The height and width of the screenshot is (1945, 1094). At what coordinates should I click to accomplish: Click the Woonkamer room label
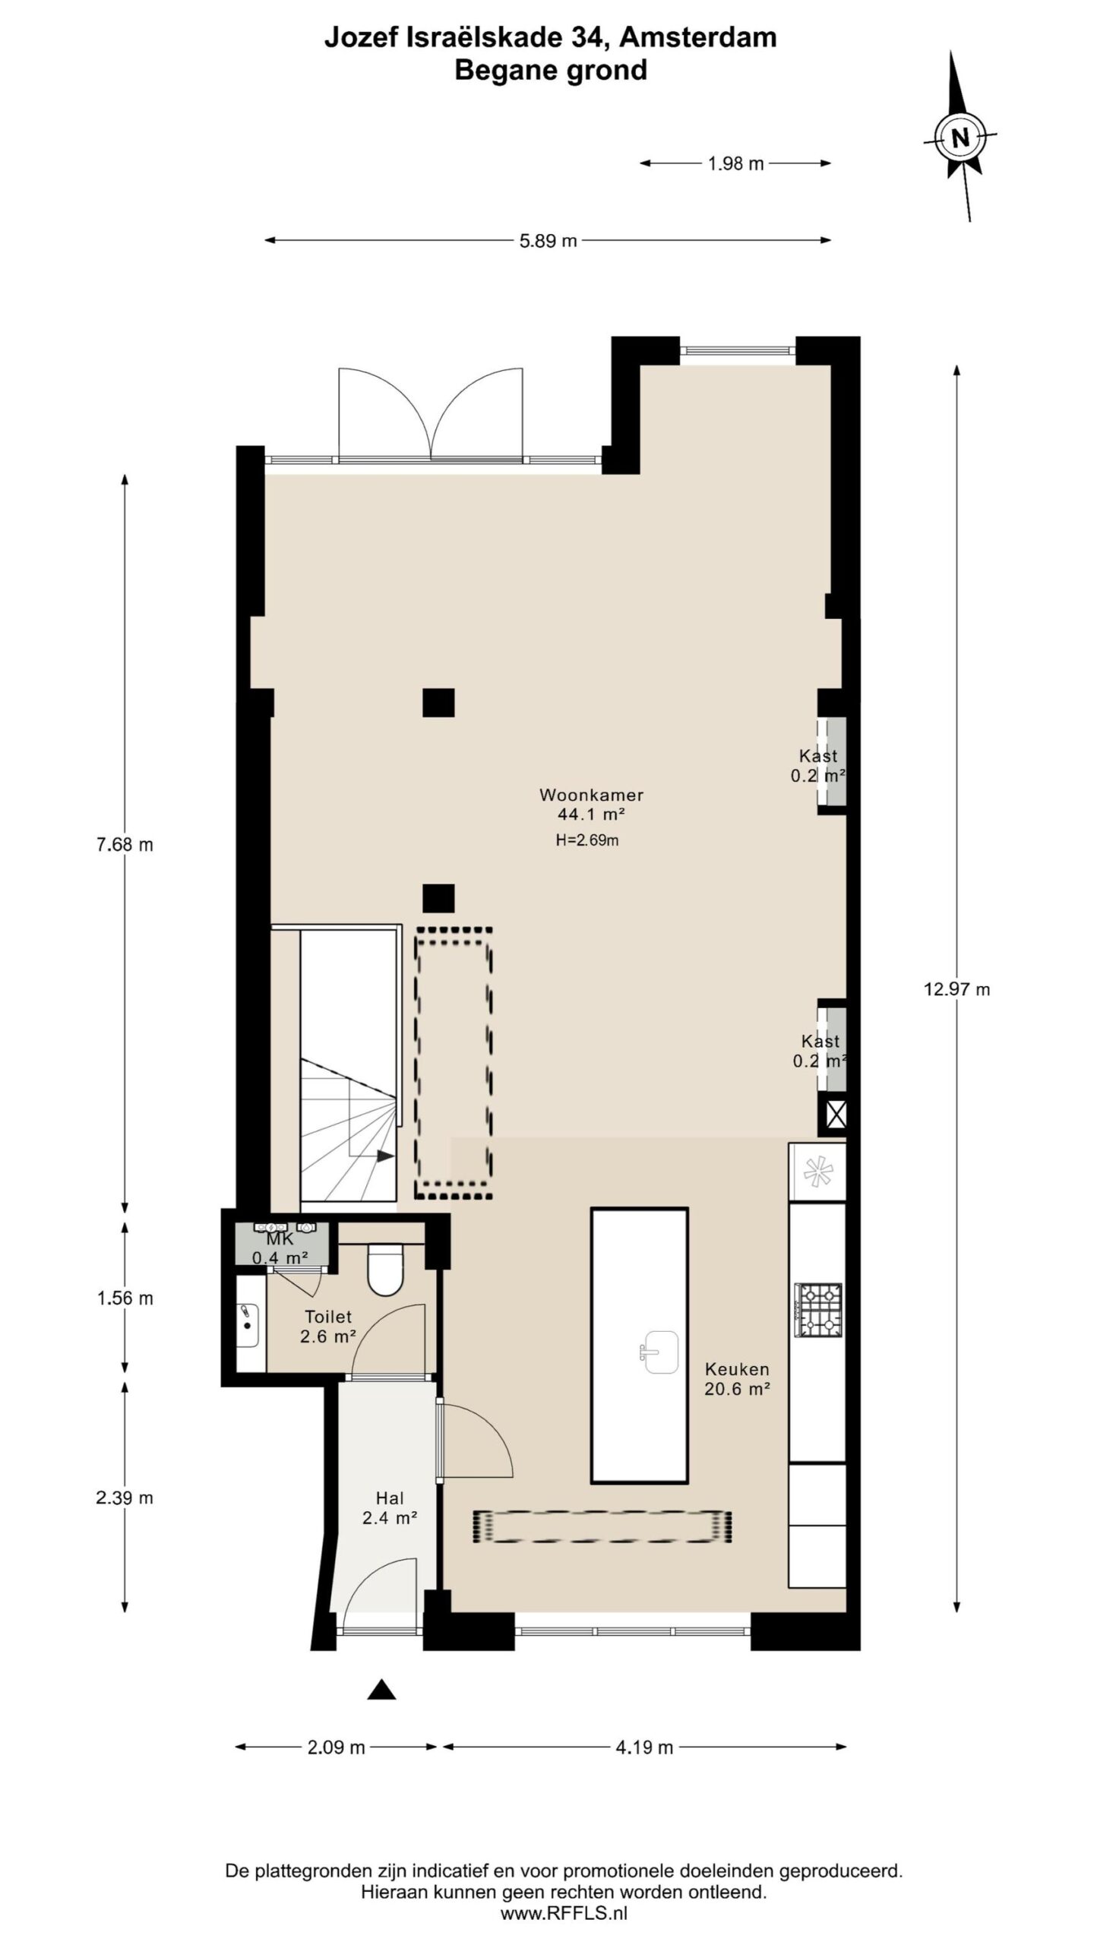(x=591, y=795)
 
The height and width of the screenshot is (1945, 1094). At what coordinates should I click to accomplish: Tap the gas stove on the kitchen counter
(x=818, y=1310)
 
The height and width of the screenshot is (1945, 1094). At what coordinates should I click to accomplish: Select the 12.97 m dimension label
(x=956, y=988)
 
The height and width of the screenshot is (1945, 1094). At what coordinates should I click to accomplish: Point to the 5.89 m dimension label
(x=548, y=241)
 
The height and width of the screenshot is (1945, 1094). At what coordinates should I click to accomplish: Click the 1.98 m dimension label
(x=735, y=163)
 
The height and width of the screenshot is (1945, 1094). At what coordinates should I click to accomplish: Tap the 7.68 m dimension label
(x=125, y=844)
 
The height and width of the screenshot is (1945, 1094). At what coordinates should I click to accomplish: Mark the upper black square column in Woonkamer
(x=438, y=703)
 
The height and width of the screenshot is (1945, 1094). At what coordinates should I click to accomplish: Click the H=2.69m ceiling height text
(x=587, y=840)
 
